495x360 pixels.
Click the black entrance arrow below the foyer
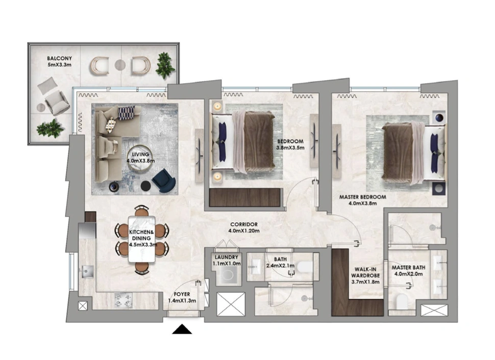(182, 330)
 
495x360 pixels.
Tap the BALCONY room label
(59, 58)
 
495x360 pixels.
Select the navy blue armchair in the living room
(163, 181)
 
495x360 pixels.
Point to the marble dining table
(142, 239)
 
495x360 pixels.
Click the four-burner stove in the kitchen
(123, 300)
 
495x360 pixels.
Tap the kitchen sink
(87, 271)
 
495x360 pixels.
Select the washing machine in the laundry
(227, 276)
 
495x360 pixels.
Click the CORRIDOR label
(244, 224)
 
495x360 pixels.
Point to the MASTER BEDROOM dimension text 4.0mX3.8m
(362, 203)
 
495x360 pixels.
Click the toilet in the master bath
(402, 302)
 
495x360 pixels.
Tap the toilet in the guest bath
(305, 267)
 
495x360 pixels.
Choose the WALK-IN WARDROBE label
(365, 272)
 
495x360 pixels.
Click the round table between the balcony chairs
(120, 65)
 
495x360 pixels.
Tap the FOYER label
(182, 294)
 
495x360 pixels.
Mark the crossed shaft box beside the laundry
(231, 304)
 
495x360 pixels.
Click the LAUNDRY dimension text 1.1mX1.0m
(227, 264)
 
